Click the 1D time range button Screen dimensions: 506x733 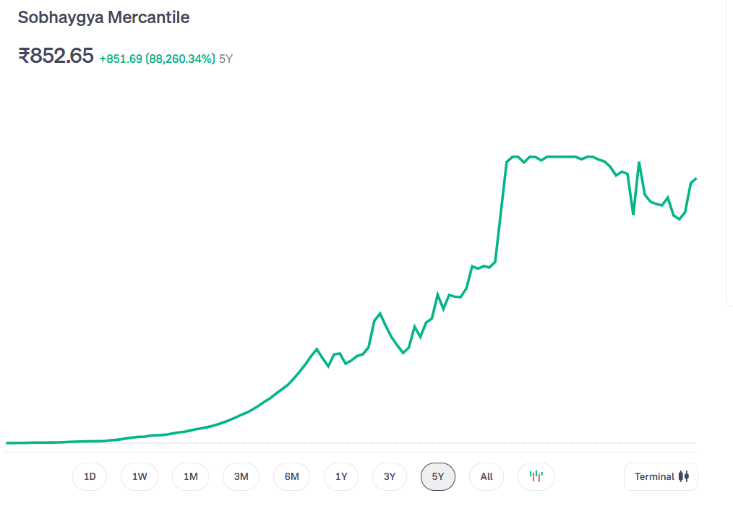coord(90,476)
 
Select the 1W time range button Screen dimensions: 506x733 coord(140,476)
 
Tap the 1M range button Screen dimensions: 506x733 coord(190,476)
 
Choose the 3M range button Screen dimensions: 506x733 coord(241,476)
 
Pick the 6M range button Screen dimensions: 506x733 coord(291,476)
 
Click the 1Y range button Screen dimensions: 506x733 coord(341,476)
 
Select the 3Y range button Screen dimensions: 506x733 coord(390,476)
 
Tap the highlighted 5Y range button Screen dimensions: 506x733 coord(437,476)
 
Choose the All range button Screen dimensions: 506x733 coord(486,476)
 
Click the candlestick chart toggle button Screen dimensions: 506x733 coord(536,476)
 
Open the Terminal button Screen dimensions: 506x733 coord(661,476)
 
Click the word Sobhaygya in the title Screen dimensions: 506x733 coord(60,17)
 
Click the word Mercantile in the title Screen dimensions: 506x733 coord(148,17)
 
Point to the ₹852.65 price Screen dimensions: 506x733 coord(56,56)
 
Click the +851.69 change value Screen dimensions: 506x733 coord(121,59)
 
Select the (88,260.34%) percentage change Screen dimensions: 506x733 coord(180,59)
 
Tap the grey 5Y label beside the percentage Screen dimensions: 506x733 coord(226,59)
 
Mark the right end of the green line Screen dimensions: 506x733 coord(695,178)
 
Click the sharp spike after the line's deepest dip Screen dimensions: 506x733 coord(639,163)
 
